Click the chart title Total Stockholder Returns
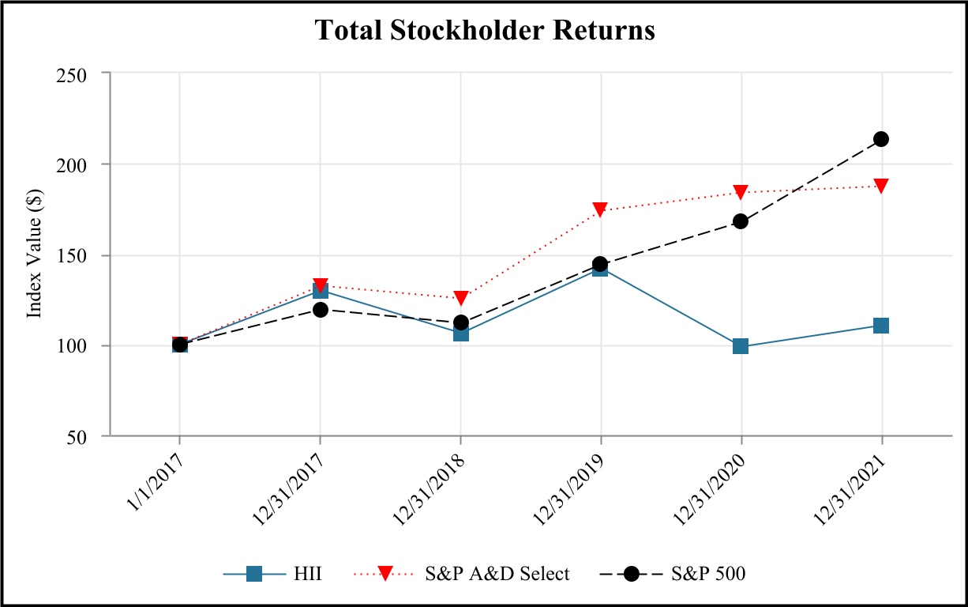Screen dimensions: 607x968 [485, 30]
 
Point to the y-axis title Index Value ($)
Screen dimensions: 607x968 [34, 254]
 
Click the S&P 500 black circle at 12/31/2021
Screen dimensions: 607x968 [881, 139]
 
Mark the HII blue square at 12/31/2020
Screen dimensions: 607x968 [741, 346]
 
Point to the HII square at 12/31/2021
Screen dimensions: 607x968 [881, 326]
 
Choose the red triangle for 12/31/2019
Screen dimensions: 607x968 [600, 209]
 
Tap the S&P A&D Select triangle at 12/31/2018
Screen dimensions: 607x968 [460, 298]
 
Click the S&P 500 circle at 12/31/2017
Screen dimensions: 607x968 [320, 310]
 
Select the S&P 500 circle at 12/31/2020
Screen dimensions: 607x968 [741, 221]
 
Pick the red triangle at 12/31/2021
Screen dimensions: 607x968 [881, 186]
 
